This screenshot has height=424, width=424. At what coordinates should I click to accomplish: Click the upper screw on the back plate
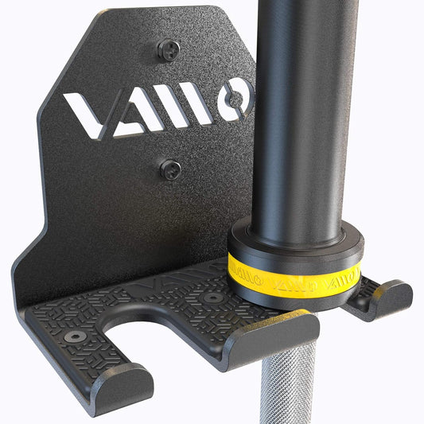pos(169,51)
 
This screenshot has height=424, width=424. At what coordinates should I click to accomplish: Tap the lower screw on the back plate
pos(170,169)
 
